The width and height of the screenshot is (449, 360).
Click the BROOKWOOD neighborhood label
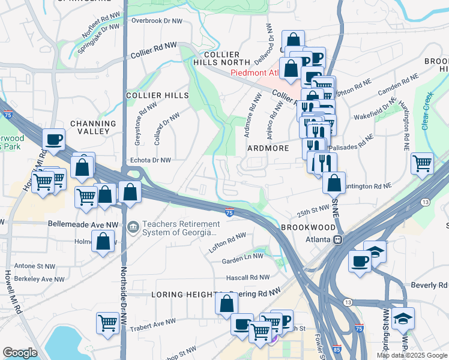[x=309, y=228]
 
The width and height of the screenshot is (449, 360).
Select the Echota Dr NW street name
[x=151, y=160]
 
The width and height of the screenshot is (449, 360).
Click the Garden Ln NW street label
[x=243, y=256]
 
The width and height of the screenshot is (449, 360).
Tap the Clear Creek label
[x=427, y=111]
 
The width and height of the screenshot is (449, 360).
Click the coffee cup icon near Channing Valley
[x=53, y=139]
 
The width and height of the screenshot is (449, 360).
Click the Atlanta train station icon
[x=338, y=239]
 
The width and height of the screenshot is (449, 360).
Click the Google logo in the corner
[x=20, y=352]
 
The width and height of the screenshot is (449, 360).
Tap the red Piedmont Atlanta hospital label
[x=255, y=74]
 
